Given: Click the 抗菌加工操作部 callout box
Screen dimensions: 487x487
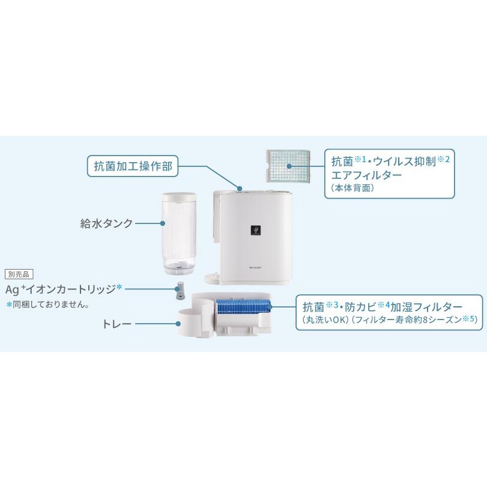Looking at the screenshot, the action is pyautogui.click(x=133, y=166).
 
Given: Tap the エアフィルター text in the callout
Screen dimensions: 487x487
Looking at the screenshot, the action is pyautogui.click(x=366, y=175).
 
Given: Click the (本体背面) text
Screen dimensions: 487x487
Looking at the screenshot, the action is pyautogui.click(x=352, y=188).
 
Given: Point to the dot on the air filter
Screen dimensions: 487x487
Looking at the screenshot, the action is pyautogui.click(x=289, y=166).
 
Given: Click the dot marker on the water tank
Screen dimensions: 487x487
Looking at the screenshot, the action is pyautogui.click(x=163, y=223).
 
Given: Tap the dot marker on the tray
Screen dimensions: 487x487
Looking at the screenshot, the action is pyautogui.click(x=179, y=324).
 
